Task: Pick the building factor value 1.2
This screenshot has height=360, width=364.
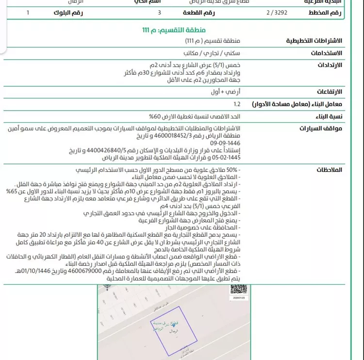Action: tap(237, 104)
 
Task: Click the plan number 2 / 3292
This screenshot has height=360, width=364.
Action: tap(277, 13)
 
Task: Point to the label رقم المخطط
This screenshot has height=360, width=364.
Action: tap(325, 13)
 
